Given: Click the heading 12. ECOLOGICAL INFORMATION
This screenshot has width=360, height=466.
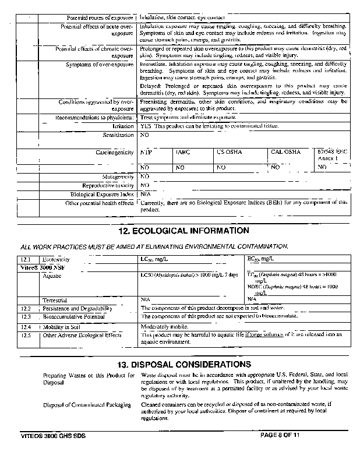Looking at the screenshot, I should point(179,231).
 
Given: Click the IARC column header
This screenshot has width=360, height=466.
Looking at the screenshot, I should point(182,152).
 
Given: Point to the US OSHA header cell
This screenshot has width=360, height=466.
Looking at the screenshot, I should point(228,152).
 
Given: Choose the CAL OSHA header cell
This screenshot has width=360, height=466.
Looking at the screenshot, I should point(285,152).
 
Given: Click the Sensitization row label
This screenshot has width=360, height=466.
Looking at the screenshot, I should point(118,135).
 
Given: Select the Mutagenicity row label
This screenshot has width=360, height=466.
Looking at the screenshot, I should point(118,176).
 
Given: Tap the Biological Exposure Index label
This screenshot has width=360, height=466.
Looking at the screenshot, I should point(103,194).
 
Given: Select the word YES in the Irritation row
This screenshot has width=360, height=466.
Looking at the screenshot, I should point(146,126).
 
